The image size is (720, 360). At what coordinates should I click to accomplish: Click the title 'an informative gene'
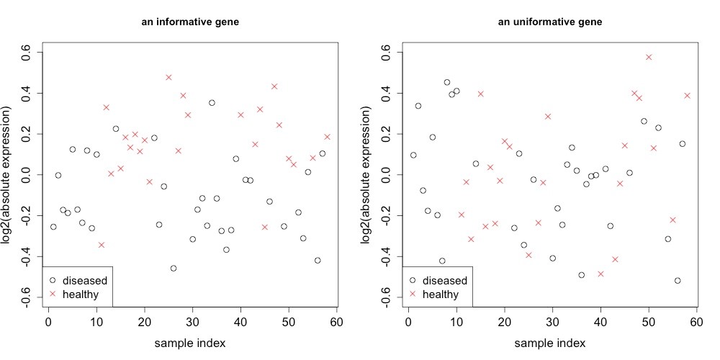pyautogui.click(x=190, y=22)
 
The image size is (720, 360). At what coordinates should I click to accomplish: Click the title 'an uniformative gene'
pyautogui.click(x=550, y=22)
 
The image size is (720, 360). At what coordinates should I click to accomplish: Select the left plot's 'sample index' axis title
pyautogui.click(x=190, y=343)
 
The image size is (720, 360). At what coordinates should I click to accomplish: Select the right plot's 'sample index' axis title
pyautogui.click(x=550, y=343)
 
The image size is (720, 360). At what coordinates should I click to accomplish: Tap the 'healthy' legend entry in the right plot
pyautogui.click(x=440, y=294)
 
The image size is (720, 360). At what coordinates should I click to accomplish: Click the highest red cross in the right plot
pyautogui.click(x=649, y=57)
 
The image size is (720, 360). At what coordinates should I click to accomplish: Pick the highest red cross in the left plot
pyautogui.click(x=168, y=77)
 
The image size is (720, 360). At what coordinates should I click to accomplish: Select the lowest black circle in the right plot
pyautogui.click(x=678, y=281)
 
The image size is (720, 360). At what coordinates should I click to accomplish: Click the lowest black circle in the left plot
pyautogui.click(x=174, y=269)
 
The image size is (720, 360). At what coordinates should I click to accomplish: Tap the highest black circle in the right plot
pyautogui.click(x=446, y=82)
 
